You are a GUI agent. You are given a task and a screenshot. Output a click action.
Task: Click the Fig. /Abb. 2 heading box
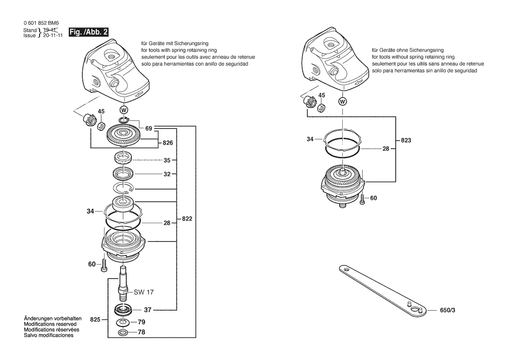(x=88, y=32)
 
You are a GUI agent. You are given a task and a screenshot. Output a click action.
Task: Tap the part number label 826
(x=168, y=143)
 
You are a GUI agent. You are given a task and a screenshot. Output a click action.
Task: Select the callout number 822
(x=187, y=219)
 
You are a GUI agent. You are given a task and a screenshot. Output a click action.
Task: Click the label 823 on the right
(x=406, y=140)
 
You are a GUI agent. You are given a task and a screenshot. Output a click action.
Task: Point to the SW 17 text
(x=144, y=292)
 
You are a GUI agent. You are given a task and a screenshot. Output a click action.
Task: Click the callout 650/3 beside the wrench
(x=448, y=310)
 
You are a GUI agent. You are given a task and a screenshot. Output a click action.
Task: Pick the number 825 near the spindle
(x=95, y=320)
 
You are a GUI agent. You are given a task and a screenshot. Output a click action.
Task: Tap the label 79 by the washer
(x=142, y=322)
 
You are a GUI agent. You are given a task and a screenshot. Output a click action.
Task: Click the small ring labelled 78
(x=123, y=333)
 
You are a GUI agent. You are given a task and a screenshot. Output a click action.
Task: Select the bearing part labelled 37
(x=123, y=310)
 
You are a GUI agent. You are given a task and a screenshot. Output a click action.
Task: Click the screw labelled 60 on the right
(x=362, y=199)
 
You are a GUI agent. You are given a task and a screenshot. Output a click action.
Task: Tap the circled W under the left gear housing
(x=124, y=109)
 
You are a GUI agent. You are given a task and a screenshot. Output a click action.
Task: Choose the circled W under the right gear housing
(x=343, y=102)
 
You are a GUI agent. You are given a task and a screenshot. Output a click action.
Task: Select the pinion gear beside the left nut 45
(x=88, y=120)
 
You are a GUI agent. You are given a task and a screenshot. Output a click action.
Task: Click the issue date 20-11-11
(x=53, y=35)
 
